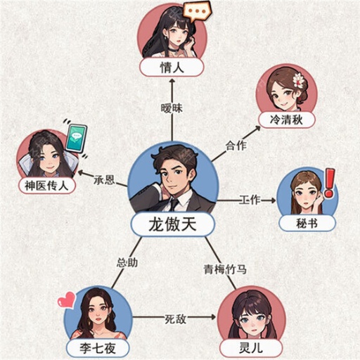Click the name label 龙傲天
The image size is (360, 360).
coord(172,225)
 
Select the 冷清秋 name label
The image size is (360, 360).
coord(285,120)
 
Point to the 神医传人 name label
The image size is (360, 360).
coord(46,186)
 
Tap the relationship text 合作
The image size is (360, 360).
coord(236,147)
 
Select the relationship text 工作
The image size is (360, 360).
coord(250,200)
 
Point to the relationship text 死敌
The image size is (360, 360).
coord(175,319)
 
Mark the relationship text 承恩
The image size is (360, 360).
coord(103,180)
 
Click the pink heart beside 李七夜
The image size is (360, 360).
coord(66,300)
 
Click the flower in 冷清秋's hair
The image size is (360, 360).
coord(298,80)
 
